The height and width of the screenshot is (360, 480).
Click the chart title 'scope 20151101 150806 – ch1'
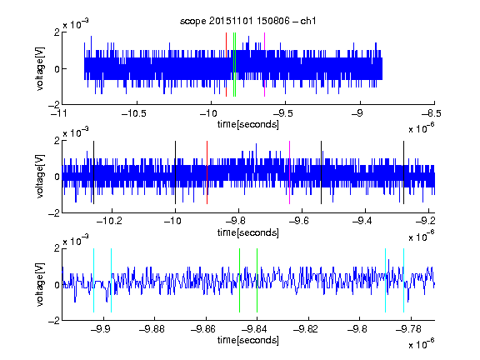[x=247, y=21]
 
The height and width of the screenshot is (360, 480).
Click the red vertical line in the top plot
[x=226, y=65]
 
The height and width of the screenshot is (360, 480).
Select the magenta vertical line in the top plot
[x=264, y=65]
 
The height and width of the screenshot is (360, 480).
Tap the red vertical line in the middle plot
[x=207, y=172]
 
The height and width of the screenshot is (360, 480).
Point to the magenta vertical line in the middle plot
[x=290, y=172]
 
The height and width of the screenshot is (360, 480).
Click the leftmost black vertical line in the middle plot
[x=93, y=172]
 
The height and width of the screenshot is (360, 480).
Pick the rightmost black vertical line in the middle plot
[x=403, y=172]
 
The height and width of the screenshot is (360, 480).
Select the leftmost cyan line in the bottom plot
[x=93, y=280]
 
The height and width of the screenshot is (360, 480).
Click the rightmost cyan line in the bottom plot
[x=403, y=280]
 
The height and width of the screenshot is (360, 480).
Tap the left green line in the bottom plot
[x=239, y=280]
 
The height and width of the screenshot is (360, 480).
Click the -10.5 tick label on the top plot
[x=134, y=113]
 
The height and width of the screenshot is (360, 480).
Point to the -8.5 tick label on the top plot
[x=432, y=113]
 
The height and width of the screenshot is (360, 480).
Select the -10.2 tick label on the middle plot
[x=109, y=221]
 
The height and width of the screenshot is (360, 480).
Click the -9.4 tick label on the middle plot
[x=362, y=221]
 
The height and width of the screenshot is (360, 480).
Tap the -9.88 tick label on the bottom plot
[x=152, y=329]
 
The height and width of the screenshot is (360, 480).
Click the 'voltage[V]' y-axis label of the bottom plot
[x=40, y=285]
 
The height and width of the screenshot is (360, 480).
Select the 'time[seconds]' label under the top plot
[x=248, y=125]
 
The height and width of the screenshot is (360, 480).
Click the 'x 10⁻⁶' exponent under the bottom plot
[x=422, y=343]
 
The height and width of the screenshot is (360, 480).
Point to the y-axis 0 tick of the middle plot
[x=57, y=177]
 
